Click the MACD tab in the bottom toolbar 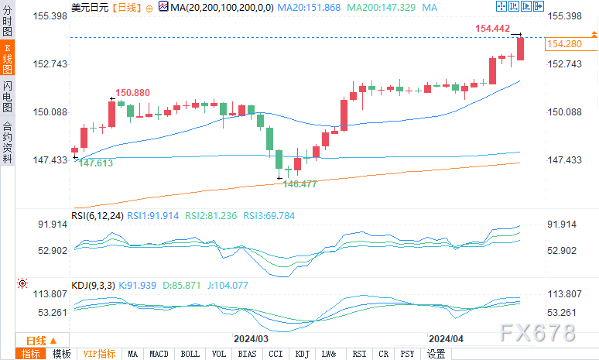[159, 354]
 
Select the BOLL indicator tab [190, 354]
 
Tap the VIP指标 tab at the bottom [100, 354]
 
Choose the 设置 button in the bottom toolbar [436, 354]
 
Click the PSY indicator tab [407, 354]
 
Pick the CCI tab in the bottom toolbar [276, 354]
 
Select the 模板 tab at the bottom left [61, 354]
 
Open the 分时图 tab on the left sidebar [7, 21]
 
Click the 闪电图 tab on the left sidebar [7, 95]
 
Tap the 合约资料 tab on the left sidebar [7, 142]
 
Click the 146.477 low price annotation [300, 183]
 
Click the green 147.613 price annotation [96, 163]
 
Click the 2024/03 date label [251, 338]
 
